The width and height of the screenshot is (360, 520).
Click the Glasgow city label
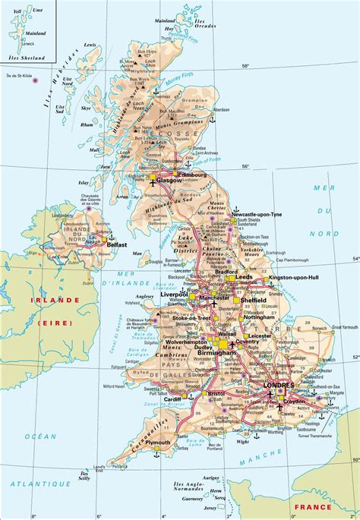point(167,181)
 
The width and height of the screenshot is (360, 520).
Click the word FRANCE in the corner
point(314,507)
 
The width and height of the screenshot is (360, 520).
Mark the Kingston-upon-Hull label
point(298,279)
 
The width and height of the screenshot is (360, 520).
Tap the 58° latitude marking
point(245,66)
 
